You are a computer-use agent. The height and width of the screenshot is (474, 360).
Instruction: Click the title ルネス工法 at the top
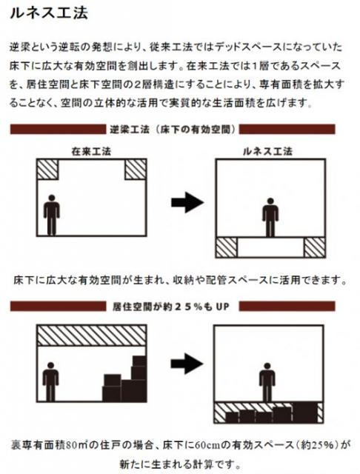pyautogui.click(x=49, y=13)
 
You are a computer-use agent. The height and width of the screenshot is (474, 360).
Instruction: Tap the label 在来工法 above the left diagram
pyautogui.click(x=91, y=151)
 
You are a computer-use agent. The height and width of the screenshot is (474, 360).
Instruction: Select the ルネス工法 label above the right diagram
pyautogui.click(x=268, y=151)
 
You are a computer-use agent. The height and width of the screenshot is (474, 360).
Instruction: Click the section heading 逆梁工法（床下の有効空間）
pyautogui.click(x=173, y=130)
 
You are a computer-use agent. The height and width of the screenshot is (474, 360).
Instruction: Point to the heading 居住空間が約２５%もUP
pyautogui.click(x=171, y=307)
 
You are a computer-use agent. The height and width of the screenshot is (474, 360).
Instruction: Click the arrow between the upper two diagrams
pyautogui.click(x=187, y=202)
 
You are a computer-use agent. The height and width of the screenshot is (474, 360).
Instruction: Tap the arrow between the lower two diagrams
pyautogui.click(x=187, y=364)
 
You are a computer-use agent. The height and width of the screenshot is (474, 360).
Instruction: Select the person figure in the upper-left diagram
pyautogui.click(x=52, y=215)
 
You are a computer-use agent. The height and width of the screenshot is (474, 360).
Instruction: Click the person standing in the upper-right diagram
pyautogui.click(x=270, y=217)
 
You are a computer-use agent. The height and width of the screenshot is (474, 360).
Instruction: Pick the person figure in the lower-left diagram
pyautogui.click(x=50, y=382)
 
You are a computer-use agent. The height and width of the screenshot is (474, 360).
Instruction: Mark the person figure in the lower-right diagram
pyautogui.click(x=267, y=382)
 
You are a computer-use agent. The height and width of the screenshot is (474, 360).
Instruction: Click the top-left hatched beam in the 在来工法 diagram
pyautogui.click(x=47, y=170)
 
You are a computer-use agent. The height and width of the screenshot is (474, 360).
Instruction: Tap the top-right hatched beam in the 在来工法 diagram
pyautogui.click(x=136, y=170)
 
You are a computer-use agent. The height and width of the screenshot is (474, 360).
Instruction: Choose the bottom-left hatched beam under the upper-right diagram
pyautogui.click(x=227, y=247)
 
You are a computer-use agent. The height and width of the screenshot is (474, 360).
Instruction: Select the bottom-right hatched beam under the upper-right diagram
pyautogui.click(x=314, y=247)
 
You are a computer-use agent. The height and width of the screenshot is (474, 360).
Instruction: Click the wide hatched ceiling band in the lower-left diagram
pyautogui.click(x=92, y=336)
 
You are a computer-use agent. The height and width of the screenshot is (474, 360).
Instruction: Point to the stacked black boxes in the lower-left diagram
pyautogui.click(x=124, y=378)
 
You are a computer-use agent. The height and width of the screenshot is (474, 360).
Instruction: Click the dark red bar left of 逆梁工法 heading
pyautogui.click(x=58, y=130)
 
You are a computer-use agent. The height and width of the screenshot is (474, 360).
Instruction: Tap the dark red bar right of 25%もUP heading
pyautogui.click(x=287, y=307)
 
